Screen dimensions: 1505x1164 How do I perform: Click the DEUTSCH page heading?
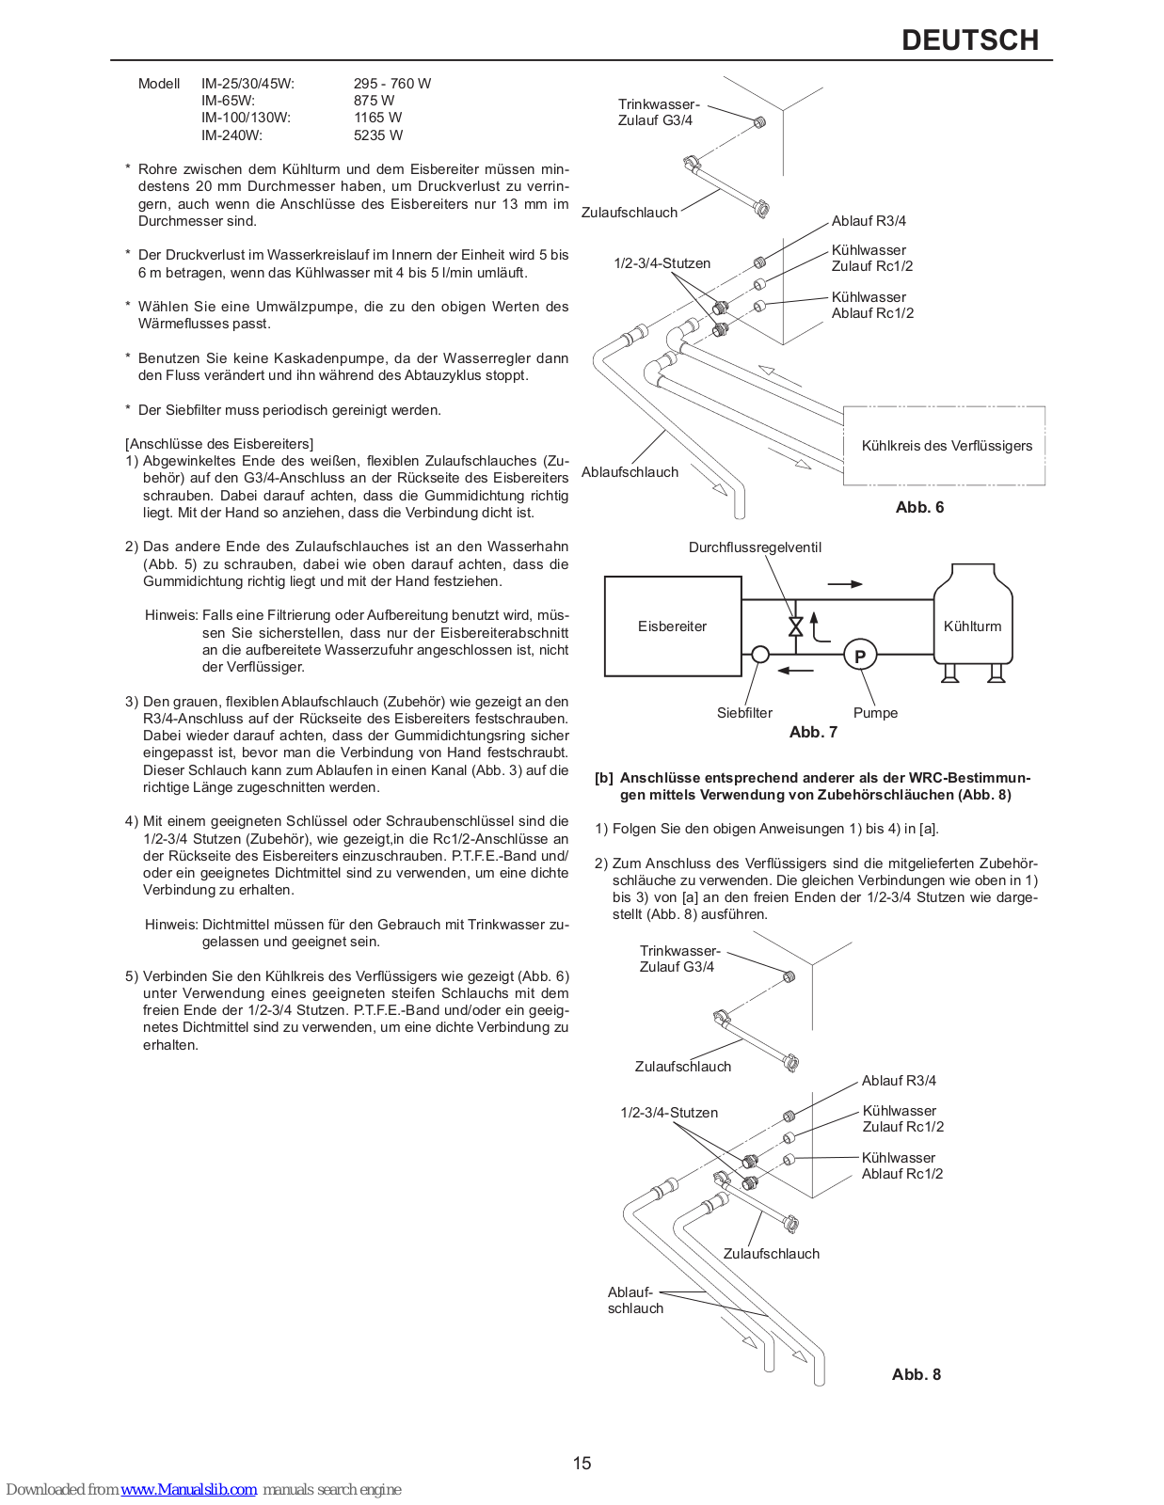969,40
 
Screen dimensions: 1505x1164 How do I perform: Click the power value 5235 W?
378,135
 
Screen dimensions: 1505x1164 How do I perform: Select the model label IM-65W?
228,101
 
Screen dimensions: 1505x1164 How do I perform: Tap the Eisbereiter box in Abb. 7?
672,626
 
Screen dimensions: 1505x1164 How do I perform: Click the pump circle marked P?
859,656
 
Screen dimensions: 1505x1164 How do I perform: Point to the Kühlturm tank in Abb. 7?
972,621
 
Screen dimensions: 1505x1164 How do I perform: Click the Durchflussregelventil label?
755,547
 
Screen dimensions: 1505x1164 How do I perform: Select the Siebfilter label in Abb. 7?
744,713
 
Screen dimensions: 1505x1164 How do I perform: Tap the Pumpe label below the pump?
875,713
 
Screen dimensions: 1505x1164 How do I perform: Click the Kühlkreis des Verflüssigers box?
945,446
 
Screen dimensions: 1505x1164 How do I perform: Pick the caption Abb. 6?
919,507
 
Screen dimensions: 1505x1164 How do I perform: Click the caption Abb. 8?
916,1374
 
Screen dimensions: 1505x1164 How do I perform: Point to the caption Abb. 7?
813,732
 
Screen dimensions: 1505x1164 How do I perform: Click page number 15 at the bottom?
582,1463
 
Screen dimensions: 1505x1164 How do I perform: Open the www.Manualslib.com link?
188,1489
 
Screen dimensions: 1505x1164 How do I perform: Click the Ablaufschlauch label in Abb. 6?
630,472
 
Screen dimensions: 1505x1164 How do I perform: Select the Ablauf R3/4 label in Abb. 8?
899,1081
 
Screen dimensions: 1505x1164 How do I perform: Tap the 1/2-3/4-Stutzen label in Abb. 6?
662,263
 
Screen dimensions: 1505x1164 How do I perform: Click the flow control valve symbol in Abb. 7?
795,626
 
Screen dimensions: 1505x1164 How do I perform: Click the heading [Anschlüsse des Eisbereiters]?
219,444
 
